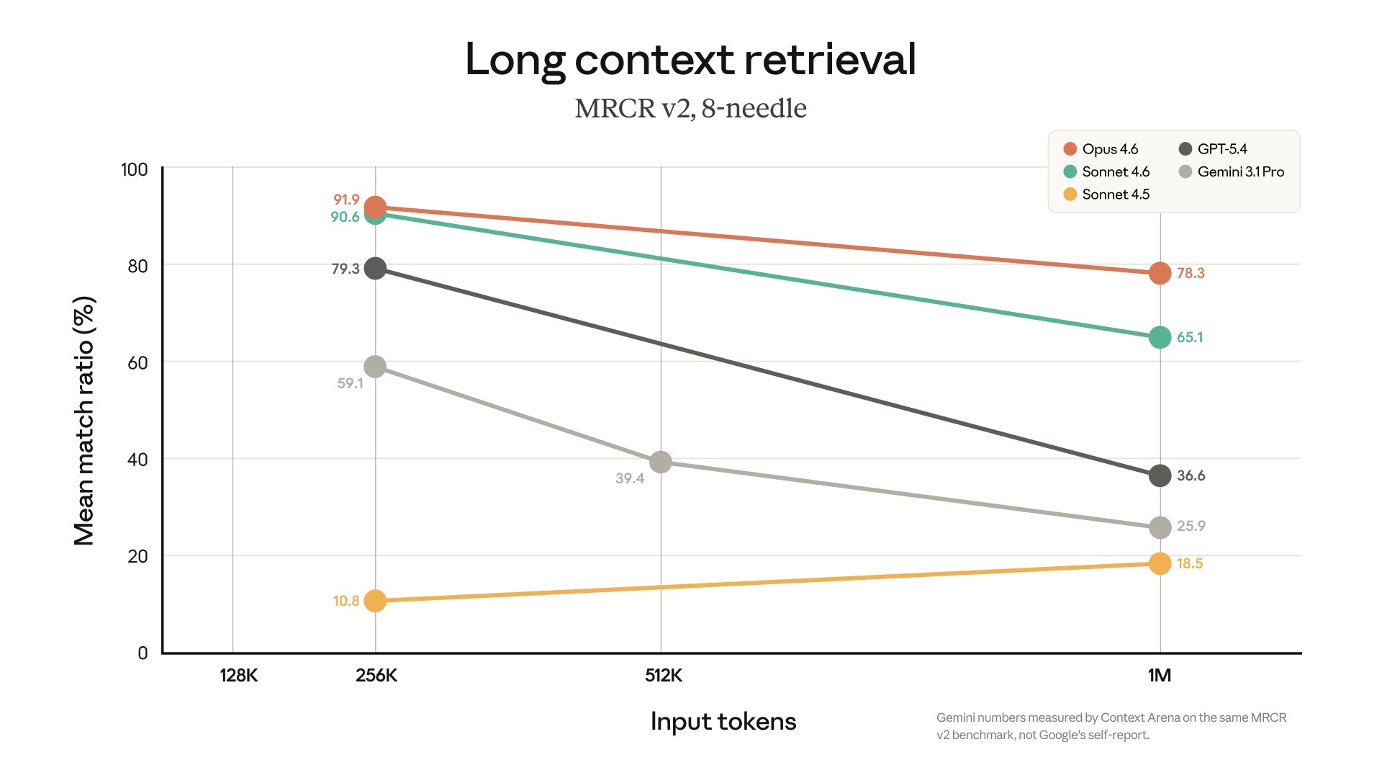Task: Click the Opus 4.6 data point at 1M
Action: click(x=1160, y=273)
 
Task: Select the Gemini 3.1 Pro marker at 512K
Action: click(x=661, y=462)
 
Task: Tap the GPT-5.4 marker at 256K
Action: click(x=375, y=269)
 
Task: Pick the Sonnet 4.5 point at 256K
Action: click(x=375, y=600)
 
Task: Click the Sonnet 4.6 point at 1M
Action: click(x=1160, y=337)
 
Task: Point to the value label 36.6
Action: click(x=1191, y=475)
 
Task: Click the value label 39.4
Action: click(x=630, y=478)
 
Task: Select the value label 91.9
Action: click(x=346, y=200)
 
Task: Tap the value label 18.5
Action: click(x=1190, y=563)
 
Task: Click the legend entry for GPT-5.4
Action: click(x=1221, y=149)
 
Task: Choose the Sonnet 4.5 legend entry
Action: click(x=1115, y=194)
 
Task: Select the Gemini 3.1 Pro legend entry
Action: click(x=1240, y=171)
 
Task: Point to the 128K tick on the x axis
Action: click(x=238, y=676)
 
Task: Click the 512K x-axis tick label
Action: click(x=663, y=676)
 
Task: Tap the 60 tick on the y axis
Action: click(x=137, y=363)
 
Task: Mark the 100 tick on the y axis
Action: click(x=134, y=169)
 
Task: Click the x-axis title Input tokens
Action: click(x=723, y=721)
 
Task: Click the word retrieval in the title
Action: click(x=830, y=59)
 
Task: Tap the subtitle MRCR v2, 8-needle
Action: click(x=690, y=109)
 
